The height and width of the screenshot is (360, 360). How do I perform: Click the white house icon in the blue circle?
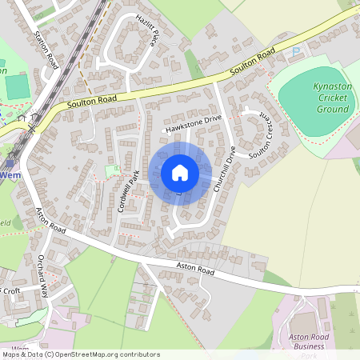coord(180,172)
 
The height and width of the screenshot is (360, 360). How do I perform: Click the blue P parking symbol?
coord(298,52)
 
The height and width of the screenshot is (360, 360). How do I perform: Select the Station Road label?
coord(47,50)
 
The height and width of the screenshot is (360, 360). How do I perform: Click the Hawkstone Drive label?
coord(192,122)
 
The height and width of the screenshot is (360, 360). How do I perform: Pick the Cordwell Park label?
coord(123,194)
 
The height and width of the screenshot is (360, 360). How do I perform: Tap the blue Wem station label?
coord(10,174)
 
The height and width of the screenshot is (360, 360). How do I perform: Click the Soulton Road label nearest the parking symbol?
coord(253,61)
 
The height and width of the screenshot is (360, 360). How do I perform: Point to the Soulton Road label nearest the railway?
coord(92,102)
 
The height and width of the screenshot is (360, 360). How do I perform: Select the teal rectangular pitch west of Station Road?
coord(16,86)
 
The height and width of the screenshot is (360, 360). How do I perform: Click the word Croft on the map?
coord(11,290)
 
